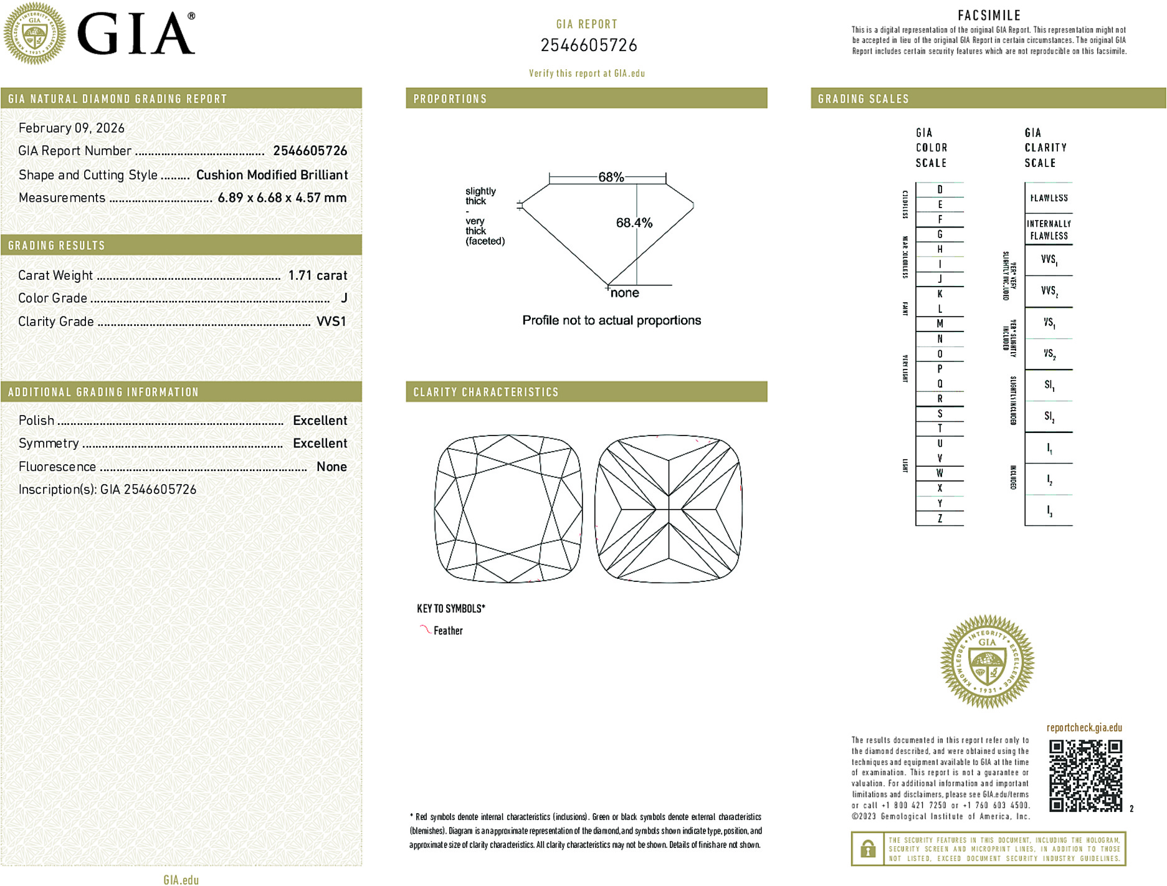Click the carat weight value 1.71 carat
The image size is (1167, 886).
click(x=317, y=275)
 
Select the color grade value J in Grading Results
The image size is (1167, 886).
click(x=344, y=298)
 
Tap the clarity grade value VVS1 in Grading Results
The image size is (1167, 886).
click(x=331, y=322)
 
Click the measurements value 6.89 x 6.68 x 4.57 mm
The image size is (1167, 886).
click(x=282, y=198)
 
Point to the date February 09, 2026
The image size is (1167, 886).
click(x=72, y=128)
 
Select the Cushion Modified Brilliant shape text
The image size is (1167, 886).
click(x=272, y=175)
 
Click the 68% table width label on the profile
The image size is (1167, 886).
click(x=611, y=177)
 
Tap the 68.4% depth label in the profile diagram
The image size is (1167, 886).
click(x=634, y=223)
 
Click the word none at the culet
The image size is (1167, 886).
click(x=624, y=293)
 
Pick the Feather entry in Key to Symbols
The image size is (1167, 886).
click(x=448, y=631)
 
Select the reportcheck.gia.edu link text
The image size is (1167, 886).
click(x=1084, y=728)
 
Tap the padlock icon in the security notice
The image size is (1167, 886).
click(x=867, y=849)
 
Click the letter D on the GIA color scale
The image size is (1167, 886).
click(x=940, y=190)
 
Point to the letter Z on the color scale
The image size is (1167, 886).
click(x=940, y=518)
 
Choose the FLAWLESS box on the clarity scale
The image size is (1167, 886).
click(x=1049, y=198)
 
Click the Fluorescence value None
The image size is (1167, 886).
click(x=331, y=467)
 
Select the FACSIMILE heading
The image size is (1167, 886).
click(x=989, y=16)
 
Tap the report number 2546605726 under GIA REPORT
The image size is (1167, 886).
click(x=588, y=45)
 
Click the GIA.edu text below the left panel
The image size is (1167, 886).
click(x=181, y=880)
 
